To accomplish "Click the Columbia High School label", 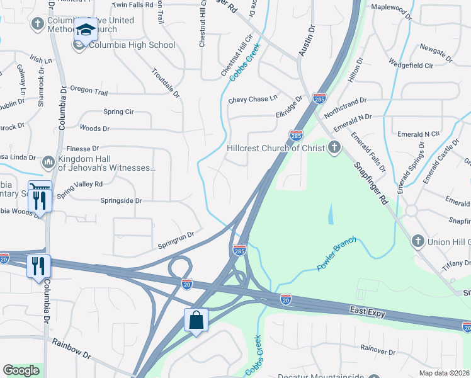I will tap(132, 45).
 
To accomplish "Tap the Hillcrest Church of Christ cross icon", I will tap(334, 148).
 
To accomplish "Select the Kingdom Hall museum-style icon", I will tap(48, 163).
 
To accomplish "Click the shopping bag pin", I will tap(196, 320).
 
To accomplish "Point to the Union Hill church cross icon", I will tap(417, 241).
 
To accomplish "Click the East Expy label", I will tap(369, 311).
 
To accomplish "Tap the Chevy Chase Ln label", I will tap(253, 100).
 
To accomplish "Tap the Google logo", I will tap(21, 370).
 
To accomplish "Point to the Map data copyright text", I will tap(444, 373).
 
